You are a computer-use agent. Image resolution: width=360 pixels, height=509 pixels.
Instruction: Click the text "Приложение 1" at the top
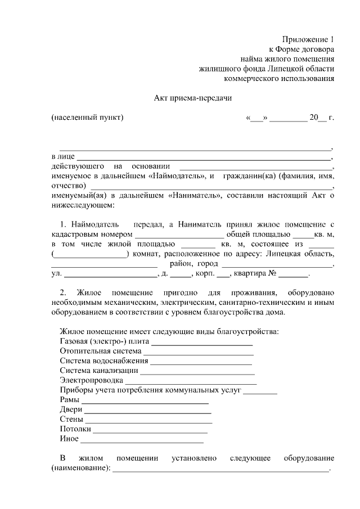pos(308,40)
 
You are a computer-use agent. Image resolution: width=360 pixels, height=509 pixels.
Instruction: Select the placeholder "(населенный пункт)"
pos(87,118)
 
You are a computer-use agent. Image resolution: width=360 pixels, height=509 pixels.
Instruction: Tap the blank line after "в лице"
pos(204,157)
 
